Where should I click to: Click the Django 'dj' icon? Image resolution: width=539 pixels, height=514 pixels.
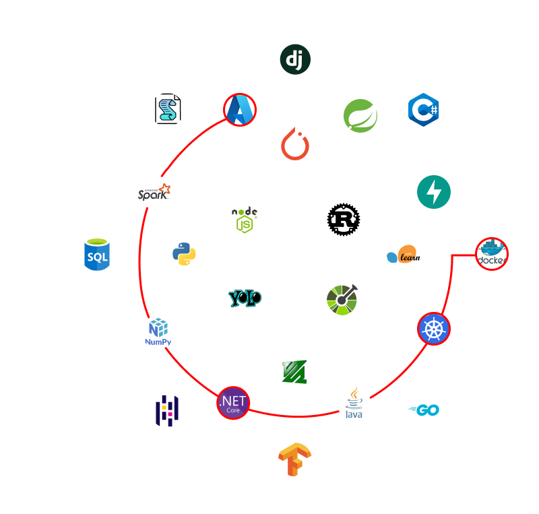295,59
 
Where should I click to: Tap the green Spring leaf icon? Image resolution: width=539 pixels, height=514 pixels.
360,116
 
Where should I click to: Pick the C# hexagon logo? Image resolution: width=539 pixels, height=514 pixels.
424,109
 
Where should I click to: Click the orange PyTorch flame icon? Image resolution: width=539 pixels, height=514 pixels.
295,143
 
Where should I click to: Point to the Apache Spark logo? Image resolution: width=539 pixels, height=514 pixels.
154,192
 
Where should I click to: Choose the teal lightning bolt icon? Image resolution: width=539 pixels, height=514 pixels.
434,192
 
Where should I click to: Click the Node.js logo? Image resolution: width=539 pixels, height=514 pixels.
245,219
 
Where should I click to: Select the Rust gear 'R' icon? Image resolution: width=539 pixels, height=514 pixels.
344,220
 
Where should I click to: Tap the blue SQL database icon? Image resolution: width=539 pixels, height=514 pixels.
97,255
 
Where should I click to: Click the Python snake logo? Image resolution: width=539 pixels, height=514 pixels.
184,255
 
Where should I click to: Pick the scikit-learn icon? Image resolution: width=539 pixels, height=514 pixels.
404,254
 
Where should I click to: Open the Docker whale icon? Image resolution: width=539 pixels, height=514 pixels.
492,255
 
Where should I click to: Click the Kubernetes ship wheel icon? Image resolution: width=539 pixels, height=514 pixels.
434,328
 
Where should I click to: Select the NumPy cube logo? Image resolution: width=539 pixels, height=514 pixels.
158,331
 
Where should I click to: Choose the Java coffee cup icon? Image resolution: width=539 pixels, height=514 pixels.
354,403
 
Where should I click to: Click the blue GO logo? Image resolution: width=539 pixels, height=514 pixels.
424,410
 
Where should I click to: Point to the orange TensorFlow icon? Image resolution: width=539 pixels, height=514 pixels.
295,459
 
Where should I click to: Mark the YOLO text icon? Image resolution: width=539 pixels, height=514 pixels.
245,298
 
